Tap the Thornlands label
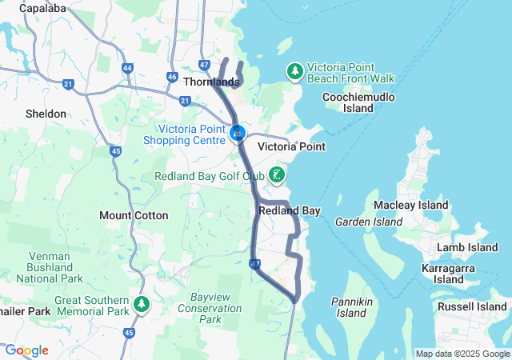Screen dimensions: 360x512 click(211, 82)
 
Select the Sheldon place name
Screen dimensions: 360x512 click(46, 114)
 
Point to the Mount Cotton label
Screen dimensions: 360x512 click(134, 215)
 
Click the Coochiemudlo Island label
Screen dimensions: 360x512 click(348, 102)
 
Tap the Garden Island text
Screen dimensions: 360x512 click(368, 222)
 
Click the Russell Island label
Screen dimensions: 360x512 click(471, 306)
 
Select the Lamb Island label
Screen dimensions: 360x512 click(468, 248)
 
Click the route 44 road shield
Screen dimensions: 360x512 click(128, 68)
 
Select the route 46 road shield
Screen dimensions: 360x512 click(172, 77)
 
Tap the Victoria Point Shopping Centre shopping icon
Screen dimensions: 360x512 click(238, 133)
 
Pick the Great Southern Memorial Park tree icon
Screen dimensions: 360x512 click(142, 304)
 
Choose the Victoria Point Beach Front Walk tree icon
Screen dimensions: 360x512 click(295, 72)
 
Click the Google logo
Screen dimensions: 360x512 click(26, 350)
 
